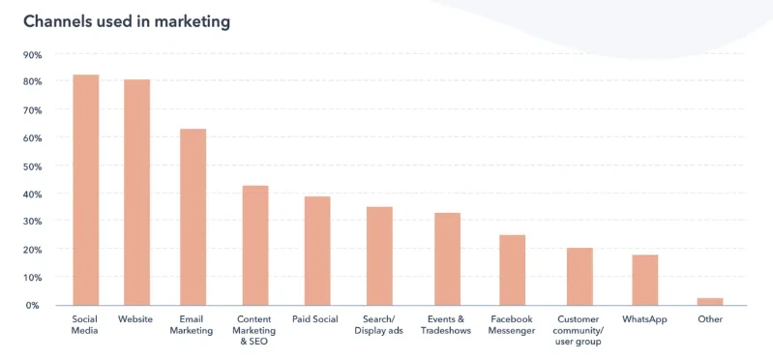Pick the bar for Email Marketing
[193, 217]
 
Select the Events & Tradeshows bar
[447, 258]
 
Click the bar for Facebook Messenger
[512, 270]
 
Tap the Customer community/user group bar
[580, 276]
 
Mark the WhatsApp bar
[644, 280]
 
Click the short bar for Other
[709, 301]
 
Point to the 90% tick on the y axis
[32, 55]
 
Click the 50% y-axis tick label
[32, 166]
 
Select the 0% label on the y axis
[34, 305]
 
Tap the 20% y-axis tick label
[32, 250]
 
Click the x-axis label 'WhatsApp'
[644, 318]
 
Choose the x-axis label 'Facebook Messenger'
[512, 324]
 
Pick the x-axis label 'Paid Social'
[317, 318]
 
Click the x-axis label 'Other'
[709, 318]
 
